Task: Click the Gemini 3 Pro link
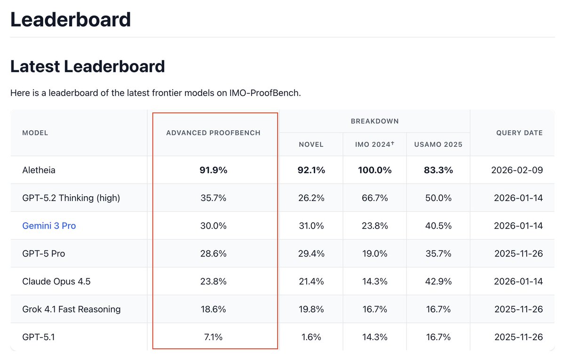click(49, 226)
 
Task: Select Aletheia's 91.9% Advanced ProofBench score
click(213, 170)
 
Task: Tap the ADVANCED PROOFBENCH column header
click(213, 133)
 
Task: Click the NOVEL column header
click(311, 144)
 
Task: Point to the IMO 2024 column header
click(373, 144)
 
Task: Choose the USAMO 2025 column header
click(438, 144)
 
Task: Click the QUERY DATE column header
click(519, 133)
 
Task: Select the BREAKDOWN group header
click(374, 121)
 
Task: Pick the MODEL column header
click(35, 133)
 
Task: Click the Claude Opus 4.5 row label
click(56, 281)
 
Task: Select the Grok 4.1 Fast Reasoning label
click(71, 309)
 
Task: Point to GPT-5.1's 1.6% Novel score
click(311, 337)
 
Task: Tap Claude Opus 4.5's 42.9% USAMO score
click(438, 281)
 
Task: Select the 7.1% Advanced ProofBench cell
click(213, 337)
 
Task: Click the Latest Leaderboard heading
click(87, 66)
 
